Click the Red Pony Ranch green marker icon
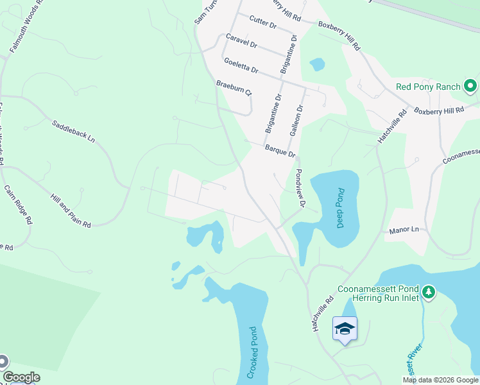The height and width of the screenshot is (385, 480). [x=470, y=86]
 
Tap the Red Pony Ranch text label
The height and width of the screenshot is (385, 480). [x=428, y=87]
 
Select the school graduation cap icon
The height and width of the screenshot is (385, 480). [x=345, y=329]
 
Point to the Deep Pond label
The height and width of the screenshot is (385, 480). [x=341, y=208]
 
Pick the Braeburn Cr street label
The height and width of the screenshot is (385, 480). [x=234, y=88]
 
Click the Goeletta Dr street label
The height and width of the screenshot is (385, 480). [x=241, y=65]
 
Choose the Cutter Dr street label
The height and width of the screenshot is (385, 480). [x=262, y=24]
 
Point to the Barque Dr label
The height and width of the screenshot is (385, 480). [x=280, y=151]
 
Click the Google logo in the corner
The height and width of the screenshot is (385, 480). [x=21, y=377]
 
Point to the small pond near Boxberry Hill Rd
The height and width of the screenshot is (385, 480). [x=317, y=64]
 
